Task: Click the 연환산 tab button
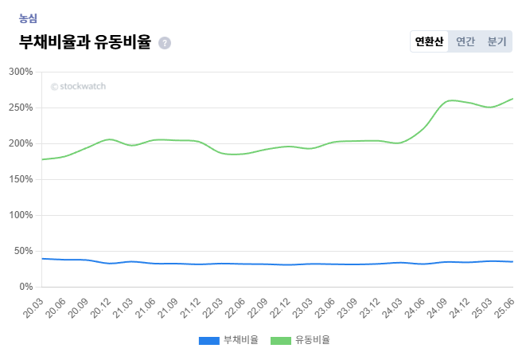(429, 41)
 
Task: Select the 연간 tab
(466, 41)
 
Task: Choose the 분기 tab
(497, 41)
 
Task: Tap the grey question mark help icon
(165, 43)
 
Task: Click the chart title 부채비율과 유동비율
(84, 42)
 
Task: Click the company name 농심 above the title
(28, 18)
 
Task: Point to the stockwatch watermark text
(78, 86)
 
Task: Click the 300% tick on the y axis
(21, 72)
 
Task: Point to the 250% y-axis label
(21, 108)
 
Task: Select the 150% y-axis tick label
(21, 179)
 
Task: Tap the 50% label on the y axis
(23, 251)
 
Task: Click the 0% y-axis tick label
(25, 287)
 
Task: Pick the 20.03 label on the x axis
(33, 306)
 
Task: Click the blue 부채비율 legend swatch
(208, 340)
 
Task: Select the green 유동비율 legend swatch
(281, 340)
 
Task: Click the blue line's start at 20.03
(42, 258)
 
